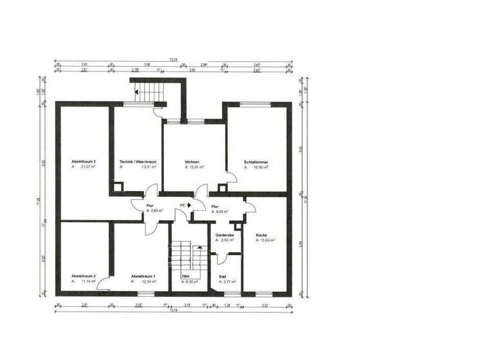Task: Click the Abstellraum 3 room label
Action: point(84,161)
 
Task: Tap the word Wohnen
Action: point(192,161)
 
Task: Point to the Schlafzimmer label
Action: point(255,161)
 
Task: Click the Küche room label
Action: point(261,235)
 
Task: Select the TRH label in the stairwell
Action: point(185,276)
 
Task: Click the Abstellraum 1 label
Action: point(143,276)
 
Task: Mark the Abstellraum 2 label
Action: point(84,276)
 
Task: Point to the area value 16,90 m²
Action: point(260,167)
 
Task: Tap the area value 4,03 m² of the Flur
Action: point(222,211)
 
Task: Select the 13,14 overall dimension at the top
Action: point(172,60)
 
